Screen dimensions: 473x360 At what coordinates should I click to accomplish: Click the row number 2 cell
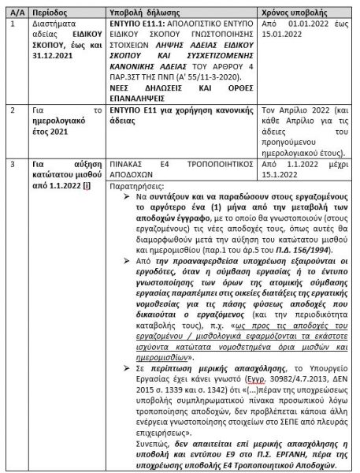point(10,114)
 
